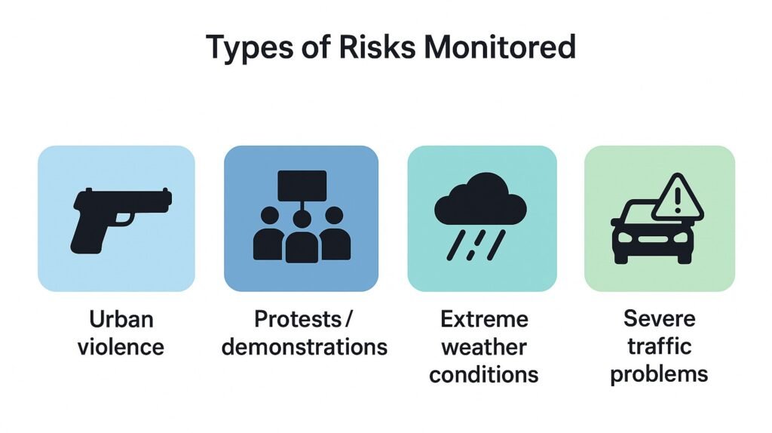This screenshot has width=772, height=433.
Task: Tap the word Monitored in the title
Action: [x=499, y=47]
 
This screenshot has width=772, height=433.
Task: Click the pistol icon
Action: [x=121, y=220]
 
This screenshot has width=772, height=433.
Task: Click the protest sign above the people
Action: [x=302, y=186]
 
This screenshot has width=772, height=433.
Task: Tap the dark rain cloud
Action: [x=480, y=198]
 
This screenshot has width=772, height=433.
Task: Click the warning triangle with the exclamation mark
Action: [x=678, y=198]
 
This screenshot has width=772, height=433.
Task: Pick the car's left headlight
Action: [x=625, y=238]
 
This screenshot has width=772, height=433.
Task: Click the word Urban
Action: [x=121, y=319]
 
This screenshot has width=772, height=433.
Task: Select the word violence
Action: [x=121, y=347]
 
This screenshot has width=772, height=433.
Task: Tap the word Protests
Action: [x=298, y=319]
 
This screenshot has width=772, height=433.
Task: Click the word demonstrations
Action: [x=305, y=347]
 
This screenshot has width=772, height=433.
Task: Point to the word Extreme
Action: [x=484, y=319]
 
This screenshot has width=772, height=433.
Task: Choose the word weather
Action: [x=484, y=347]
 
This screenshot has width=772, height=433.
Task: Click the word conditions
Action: [x=483, y=374]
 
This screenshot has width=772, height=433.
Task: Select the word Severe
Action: [x=659, y=318]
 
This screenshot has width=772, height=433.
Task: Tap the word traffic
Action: [x=659, y=345]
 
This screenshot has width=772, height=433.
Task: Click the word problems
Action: [x=659, y=374]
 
